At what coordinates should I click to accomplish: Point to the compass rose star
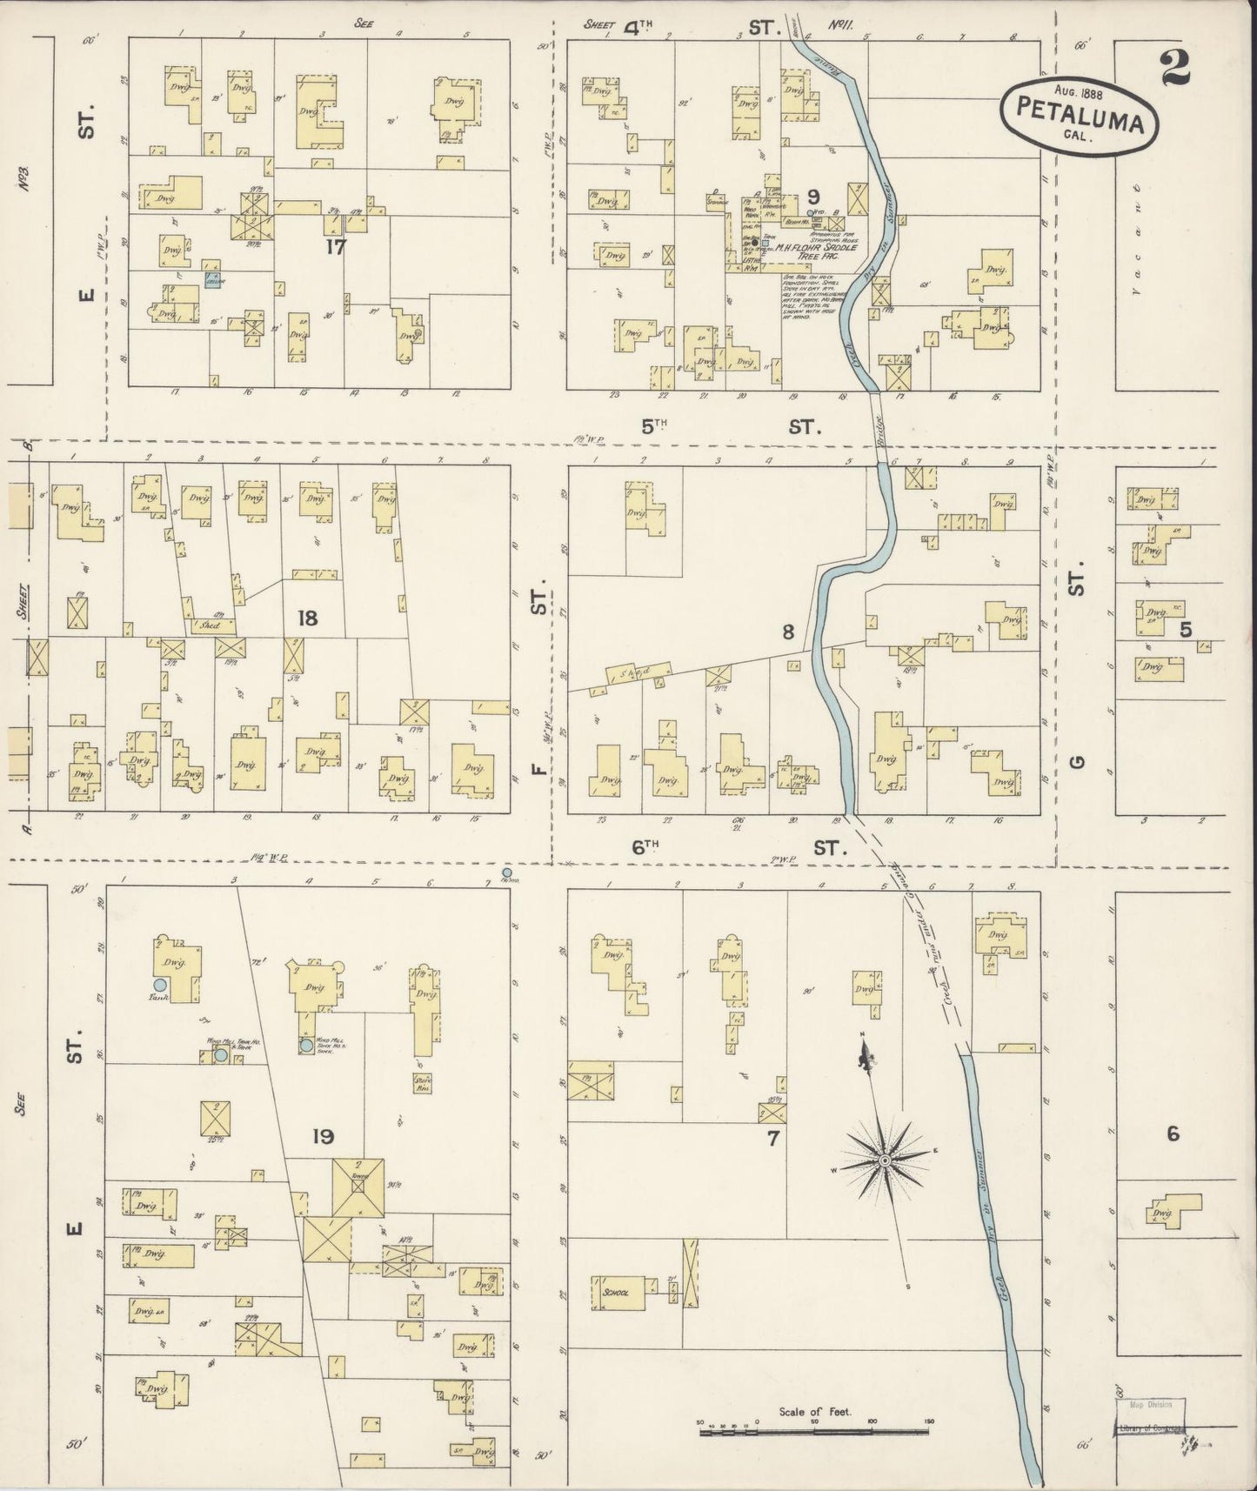(884, 1160)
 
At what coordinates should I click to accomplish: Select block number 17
(336, 246)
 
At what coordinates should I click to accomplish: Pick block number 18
(307, 618)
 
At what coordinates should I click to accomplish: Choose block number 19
(324, 1136)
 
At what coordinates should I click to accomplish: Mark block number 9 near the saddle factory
(813, 196)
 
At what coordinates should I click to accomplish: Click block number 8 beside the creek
(787, 633)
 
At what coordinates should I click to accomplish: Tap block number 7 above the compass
(772, 1137)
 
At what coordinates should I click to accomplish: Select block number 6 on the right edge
(1173, 1133)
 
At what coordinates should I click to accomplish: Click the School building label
(614, 1293)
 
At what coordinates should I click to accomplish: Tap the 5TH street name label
(653, 425)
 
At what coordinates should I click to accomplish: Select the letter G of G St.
(1077, 762)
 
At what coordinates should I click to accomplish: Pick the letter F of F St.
(538, 768)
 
